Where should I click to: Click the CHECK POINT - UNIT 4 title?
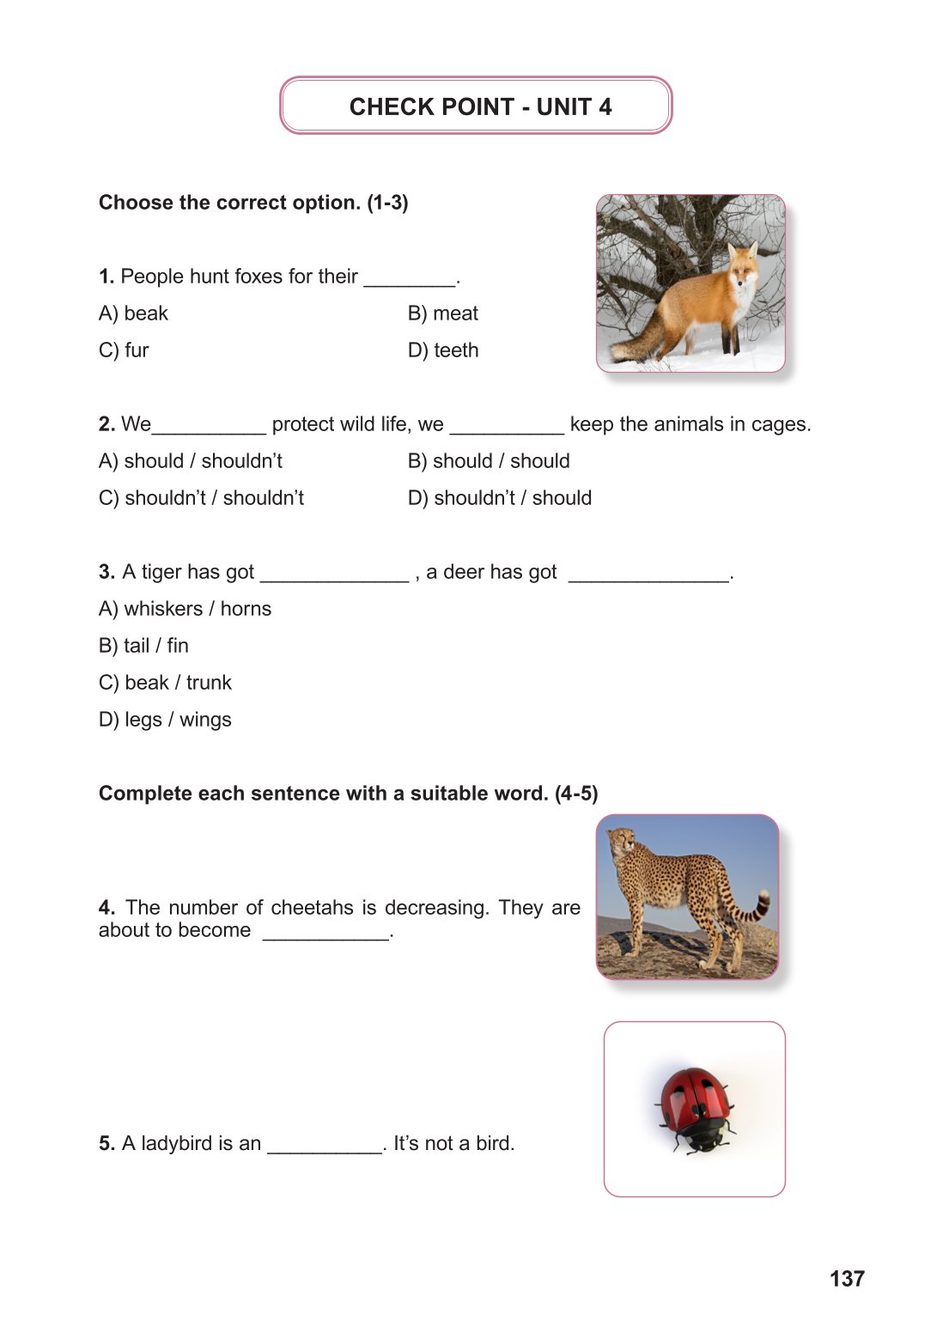pos(480,107)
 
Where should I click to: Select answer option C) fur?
pos(125,350)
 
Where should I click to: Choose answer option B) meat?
pos(443,313)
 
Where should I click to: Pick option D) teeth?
pos(443,350)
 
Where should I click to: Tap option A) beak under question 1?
pos(134,313)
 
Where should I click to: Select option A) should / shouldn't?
pos(191,461)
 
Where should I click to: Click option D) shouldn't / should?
pos(500,498)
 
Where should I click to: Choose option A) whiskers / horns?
pos(185,609)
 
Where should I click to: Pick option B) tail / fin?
pos(143,646)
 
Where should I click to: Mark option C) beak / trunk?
pos(165,683)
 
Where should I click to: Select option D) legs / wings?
pos(165,720)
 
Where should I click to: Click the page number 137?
pos(847,1279)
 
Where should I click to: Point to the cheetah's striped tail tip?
pos(759,906)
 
